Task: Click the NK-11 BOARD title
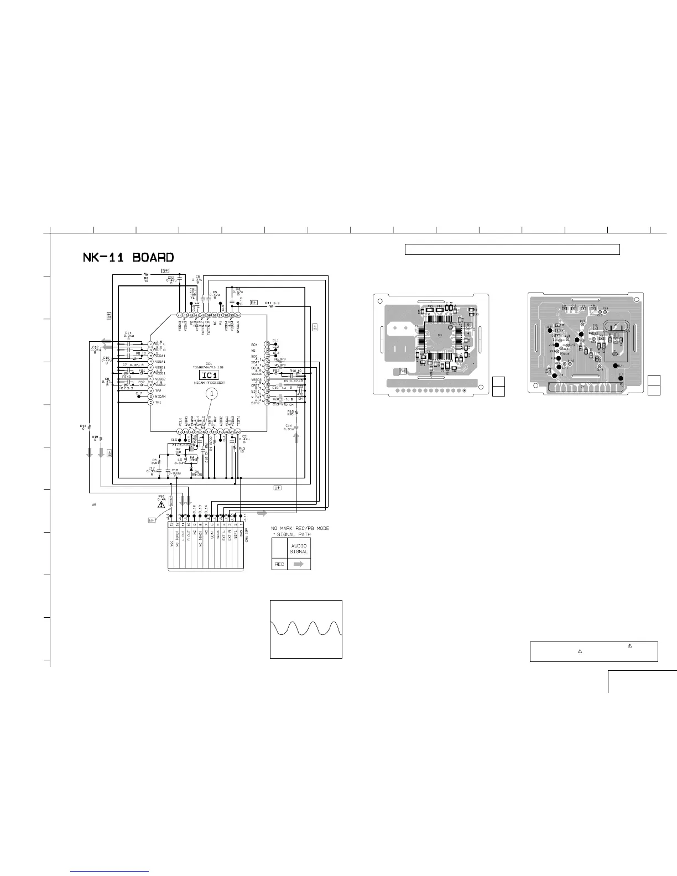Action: [x=128, y=257]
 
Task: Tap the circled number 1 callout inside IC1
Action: [x=211, y=394]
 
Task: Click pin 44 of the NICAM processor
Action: [x=179, y=315]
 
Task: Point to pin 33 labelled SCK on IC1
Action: [x=267, y=345]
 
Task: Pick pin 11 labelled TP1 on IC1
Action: [x=150, y=403]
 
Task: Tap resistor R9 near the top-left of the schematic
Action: [x=147, y=275]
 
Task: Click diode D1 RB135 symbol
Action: [x=191, y=470]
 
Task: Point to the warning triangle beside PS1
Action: [x=161, y=504]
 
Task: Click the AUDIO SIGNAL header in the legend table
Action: [x=299, y=549]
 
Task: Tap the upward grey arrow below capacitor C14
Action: [x=296, y=438]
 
